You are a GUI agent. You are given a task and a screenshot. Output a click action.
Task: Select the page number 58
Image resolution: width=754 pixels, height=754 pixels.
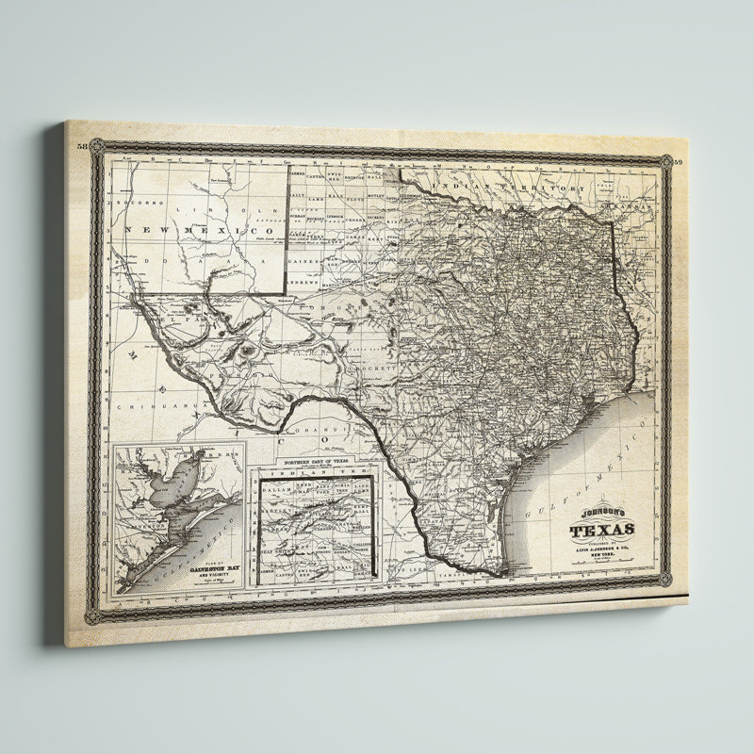[82, 147]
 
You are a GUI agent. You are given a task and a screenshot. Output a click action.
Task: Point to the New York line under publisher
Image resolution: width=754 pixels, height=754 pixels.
[604, 556]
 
